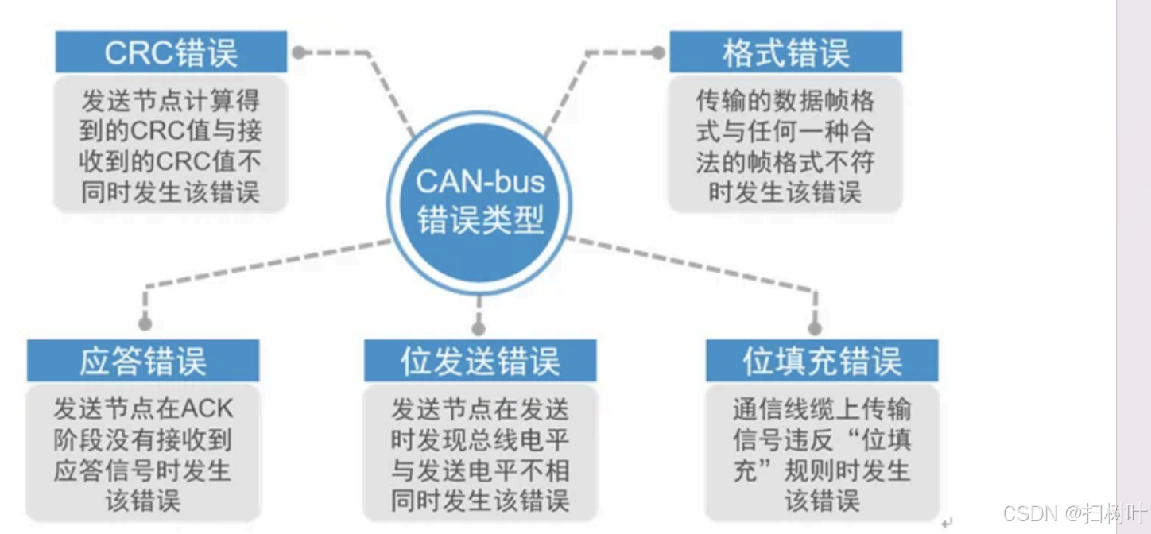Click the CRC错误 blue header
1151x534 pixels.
(171, 52)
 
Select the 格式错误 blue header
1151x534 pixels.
(785, 52)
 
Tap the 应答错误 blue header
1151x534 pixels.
(143, 361)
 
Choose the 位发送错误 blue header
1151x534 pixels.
(480, 361)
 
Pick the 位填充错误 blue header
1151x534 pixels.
(822, 361)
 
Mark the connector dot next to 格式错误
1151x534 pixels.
(658, 52)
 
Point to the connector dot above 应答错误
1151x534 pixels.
(145, 324)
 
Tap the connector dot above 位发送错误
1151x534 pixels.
(478, 327)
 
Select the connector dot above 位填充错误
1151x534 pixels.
(815, 327)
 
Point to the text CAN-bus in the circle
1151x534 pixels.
(480, 181)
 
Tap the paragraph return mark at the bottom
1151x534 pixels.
(946, 522)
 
